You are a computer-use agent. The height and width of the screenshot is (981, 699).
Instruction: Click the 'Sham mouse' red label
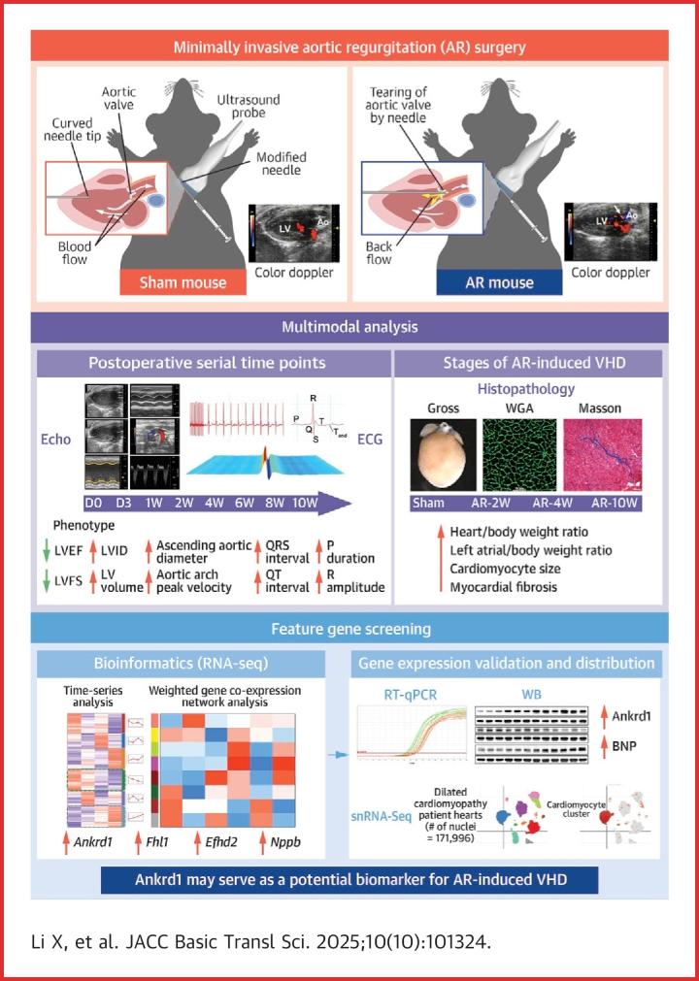pyautogui.click(x=183, y=282)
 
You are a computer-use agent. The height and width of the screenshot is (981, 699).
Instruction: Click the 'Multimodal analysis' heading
pyautogui.click(x=349, y=327)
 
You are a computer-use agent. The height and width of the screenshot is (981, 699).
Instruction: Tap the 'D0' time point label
pyautogui.click(x=93, y=504)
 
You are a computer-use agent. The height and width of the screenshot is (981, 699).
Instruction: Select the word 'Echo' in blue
pyautogui.click(x=58, y=438)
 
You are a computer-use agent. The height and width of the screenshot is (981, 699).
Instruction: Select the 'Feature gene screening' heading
pyautogui.click(x=349, y=629)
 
